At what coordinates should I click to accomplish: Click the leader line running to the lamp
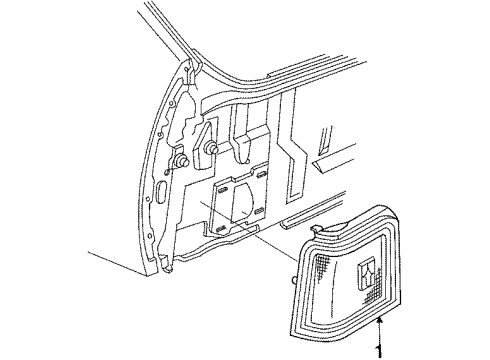tap(270, 244)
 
